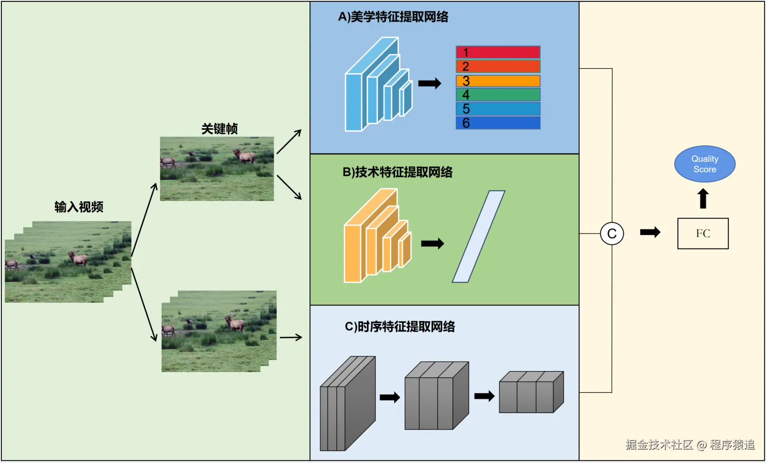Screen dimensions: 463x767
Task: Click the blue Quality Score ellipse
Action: [704, 164]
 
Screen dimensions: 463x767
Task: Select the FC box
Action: [703, 234]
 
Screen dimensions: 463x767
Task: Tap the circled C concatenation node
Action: [612, 234]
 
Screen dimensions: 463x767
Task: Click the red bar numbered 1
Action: [498, 53]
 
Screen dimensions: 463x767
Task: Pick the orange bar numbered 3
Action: [498, 81]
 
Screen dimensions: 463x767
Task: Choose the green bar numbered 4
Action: [498, 95]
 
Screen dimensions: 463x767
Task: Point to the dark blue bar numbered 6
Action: [498, 123]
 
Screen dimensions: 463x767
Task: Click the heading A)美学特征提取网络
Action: [393, 17]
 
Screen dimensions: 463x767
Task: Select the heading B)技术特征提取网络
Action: [397, 172]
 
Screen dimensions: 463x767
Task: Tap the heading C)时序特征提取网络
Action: [400, 327]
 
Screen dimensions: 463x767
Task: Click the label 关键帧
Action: [219, 129]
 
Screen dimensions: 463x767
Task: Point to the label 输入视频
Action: [79, 207]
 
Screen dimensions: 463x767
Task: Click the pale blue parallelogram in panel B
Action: [478, 237]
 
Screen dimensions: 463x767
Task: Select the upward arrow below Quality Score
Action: [703, 199]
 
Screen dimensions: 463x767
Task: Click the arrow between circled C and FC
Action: [650, 233]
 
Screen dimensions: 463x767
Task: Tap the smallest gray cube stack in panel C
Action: [531, 392]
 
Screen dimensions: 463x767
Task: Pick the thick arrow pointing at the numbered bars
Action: [429, 83]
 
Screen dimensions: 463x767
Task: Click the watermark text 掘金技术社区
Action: [659, 444]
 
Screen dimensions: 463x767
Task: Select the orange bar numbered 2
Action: [498, 67]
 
